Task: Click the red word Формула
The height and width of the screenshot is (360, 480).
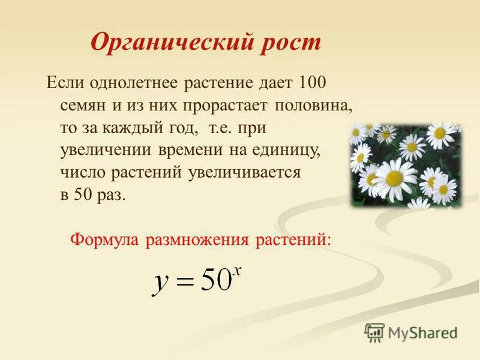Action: [104, 239]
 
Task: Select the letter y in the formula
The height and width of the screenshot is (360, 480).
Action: [160, 281]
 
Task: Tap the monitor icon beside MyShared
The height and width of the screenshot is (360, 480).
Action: [374, 332]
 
